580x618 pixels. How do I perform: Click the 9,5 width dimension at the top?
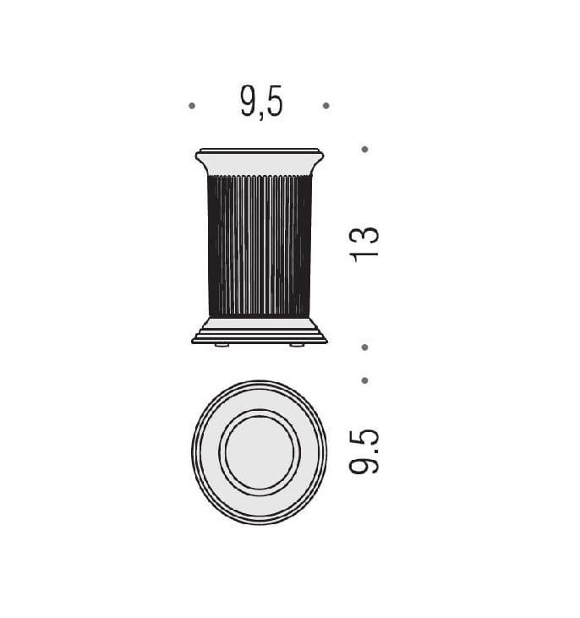[x=261, y=102]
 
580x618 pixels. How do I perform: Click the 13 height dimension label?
[x=364, y=245]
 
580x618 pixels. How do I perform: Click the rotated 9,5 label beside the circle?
[x=364, y=451]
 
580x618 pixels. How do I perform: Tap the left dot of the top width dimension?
[x=192, y=106]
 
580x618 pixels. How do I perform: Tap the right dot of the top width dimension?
[x=326, y=106]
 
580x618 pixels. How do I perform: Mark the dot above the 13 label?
[x=364, y=150]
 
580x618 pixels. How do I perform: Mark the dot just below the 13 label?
[x=364, y=347]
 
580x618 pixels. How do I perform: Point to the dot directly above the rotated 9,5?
[x=364, y=380]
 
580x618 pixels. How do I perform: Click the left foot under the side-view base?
[x=222, y=345]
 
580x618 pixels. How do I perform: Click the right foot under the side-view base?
[x=297, y=345]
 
